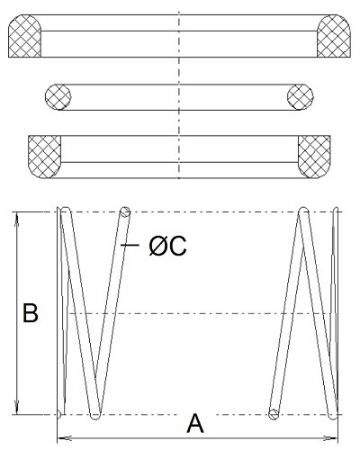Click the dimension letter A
tap(195, 423)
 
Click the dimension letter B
tap(31, 313)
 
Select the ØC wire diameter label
tap(167, 246)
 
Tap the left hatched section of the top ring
tap(24, 36)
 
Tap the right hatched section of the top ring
tap(334, 36)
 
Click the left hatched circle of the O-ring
tap(58, 97)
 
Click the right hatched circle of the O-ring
tap(301, 97)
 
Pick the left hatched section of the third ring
tap(44, 157)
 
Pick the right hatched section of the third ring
tap(314, 157)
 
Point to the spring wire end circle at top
tap(125, 212)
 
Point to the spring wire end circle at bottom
tap(274, 414)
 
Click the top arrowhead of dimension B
tap(17, 219)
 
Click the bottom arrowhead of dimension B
tap(17, 408)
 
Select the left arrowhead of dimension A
tap(65, 438)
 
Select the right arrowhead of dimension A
tap(330, 438)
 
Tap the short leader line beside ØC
tap(130, 245)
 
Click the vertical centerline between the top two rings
tap(179, 70)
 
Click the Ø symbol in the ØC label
tap(157, 246)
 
